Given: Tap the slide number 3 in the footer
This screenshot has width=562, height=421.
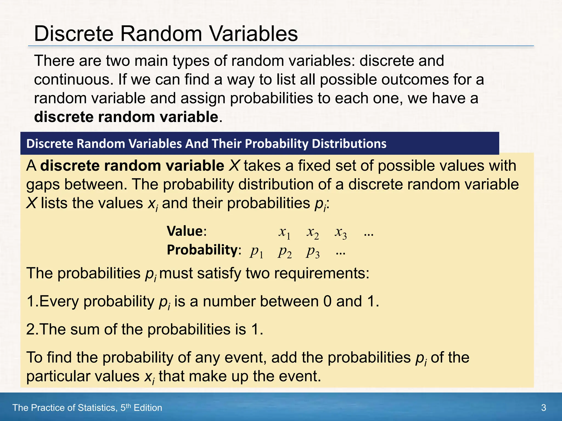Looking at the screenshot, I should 543,408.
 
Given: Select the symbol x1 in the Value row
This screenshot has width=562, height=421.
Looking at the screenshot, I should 284,232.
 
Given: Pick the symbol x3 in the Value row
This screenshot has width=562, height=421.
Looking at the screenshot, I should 341,232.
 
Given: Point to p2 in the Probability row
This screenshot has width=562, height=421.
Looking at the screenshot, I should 285,252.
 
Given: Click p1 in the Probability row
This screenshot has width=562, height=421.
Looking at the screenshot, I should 256,252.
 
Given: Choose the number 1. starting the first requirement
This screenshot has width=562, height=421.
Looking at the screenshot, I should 32,301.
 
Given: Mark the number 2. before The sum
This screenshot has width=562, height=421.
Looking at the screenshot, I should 32,329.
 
